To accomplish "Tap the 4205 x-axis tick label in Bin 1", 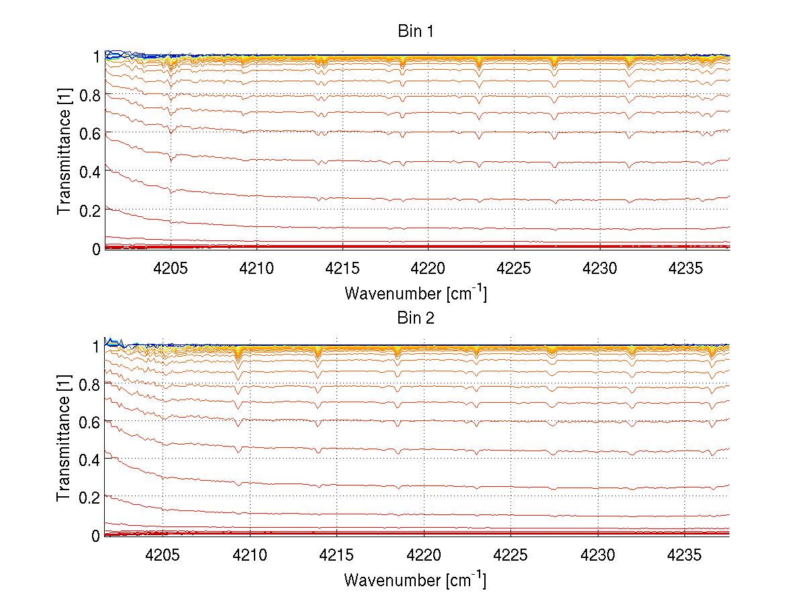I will click(171, 269).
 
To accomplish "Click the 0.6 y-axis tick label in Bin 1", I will click(88, 134).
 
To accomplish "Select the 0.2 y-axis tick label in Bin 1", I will click(88, 210).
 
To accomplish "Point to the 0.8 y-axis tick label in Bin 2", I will click(88, 385).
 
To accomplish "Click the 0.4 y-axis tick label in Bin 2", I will click(88, 460).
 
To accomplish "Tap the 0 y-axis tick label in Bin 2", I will click(95, 536).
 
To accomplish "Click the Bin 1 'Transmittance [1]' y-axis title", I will click(64, 152).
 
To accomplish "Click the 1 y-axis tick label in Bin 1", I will click(96, 56).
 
